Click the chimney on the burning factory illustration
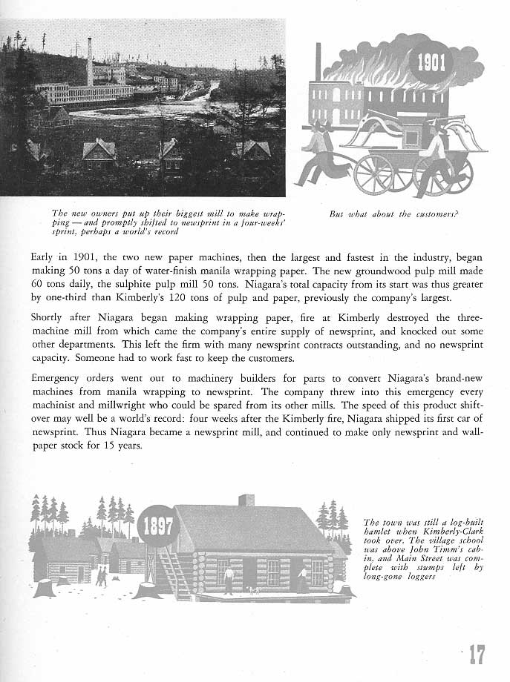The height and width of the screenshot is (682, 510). click(318, 62)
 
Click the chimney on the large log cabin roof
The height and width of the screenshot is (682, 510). click(246, 500)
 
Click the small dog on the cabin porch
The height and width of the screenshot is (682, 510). click(254, 591)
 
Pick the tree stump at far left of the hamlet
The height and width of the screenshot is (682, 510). click(45, 588)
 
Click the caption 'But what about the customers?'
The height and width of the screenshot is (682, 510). click(394, 214)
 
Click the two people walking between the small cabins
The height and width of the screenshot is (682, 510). click(100, 576)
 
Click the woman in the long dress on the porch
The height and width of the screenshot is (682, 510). click(302, 579)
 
